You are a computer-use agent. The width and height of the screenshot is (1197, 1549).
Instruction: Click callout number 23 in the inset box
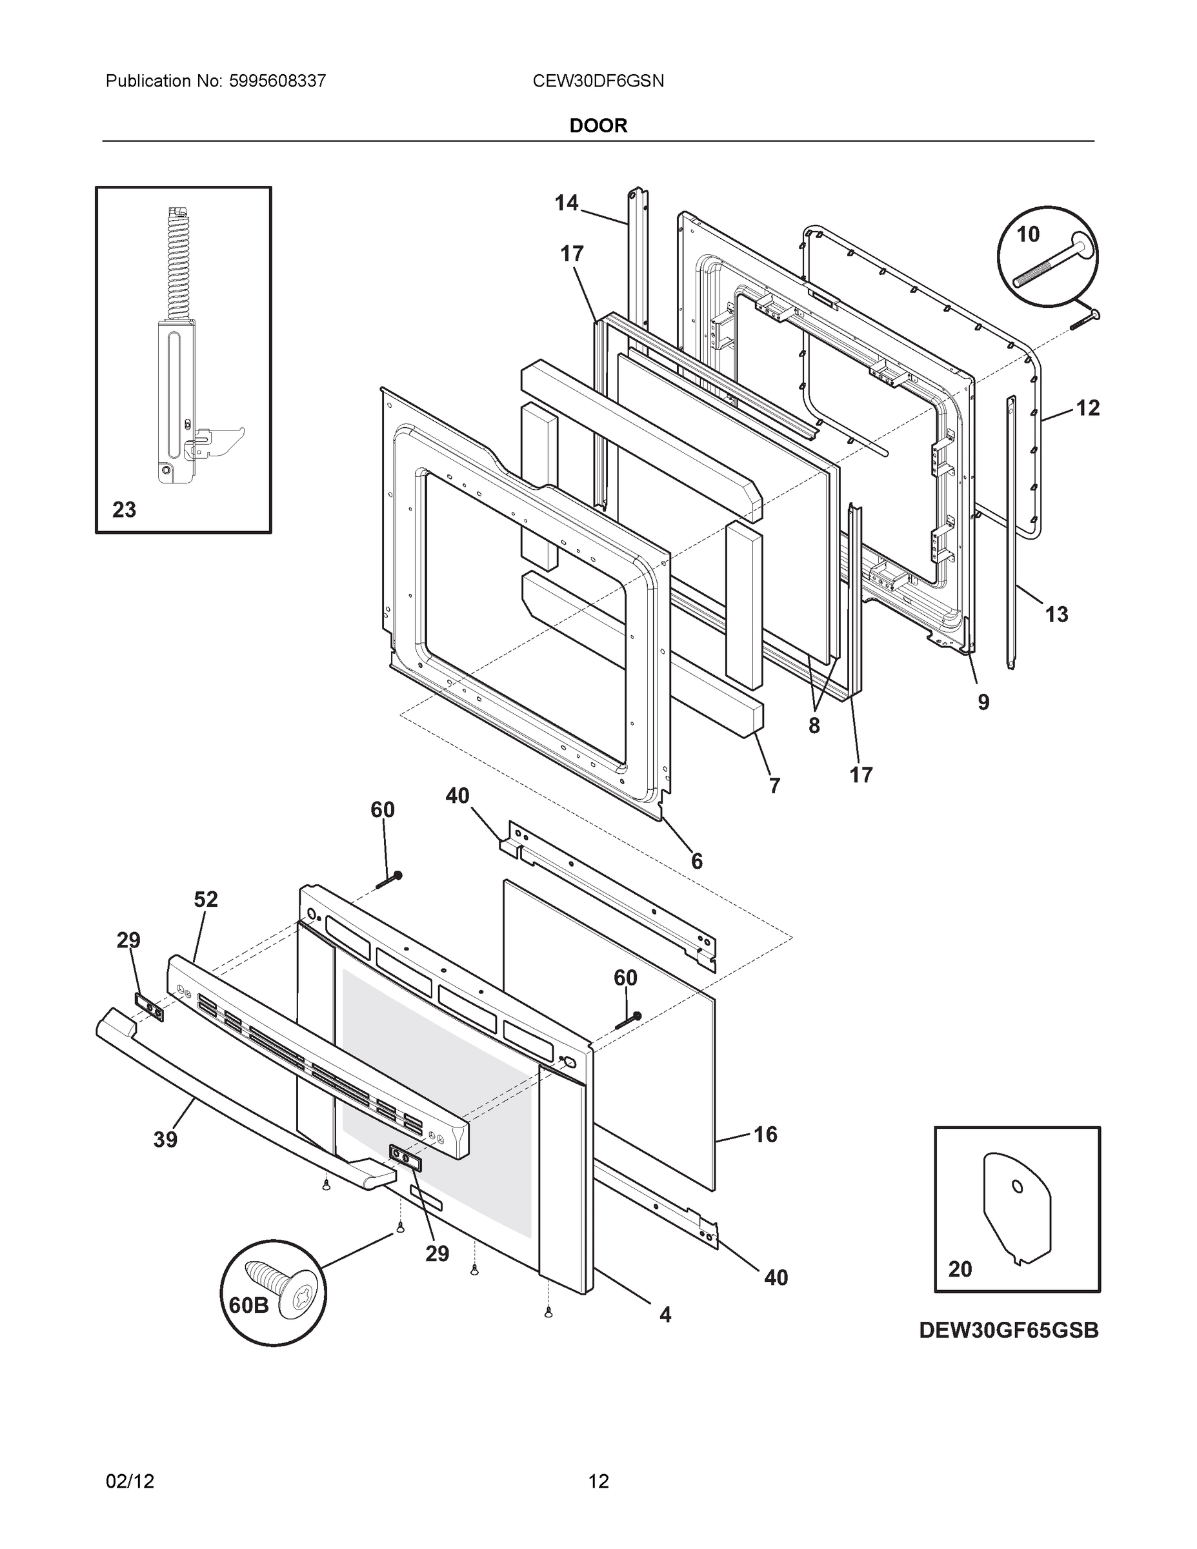click(x=124, y=509)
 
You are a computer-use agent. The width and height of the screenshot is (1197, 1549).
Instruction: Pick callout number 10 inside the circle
click(x=1027, y=234)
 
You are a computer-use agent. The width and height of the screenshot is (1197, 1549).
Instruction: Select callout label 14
click(x=567, y=203)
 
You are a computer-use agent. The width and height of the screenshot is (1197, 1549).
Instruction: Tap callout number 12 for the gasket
click(x=1088, y=408)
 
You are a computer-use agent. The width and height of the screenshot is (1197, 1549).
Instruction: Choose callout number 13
click(x=1056, y=614)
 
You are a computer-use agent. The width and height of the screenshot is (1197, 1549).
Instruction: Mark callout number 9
click(x=983, y=702)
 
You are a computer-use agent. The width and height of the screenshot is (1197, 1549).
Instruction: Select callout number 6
click(x=696, y=860)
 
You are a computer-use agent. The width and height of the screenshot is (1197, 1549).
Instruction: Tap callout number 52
click(x=206, y=899)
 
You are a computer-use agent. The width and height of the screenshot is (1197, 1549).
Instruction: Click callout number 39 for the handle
click(x=165, y=1139)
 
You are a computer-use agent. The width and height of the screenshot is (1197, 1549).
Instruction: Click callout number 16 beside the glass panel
click(x=765, y=1134)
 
